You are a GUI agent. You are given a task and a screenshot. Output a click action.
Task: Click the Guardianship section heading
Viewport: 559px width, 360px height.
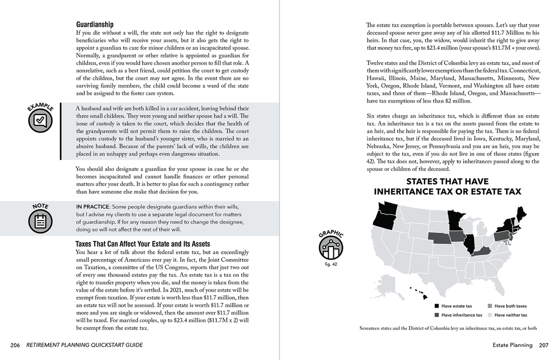[95, 24]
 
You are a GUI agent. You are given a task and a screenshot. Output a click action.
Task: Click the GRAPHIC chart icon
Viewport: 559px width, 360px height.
[331, 248]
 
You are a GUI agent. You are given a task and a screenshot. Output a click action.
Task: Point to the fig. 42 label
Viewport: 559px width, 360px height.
[331, 264]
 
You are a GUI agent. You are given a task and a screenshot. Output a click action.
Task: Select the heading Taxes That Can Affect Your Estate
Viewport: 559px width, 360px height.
[143, 244]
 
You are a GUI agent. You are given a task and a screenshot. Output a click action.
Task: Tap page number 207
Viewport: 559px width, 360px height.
[543, 345]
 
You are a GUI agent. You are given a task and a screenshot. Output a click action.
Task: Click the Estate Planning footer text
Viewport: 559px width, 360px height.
[512, 345]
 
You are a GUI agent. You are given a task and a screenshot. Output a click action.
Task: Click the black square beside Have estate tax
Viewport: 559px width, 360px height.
[437, 306]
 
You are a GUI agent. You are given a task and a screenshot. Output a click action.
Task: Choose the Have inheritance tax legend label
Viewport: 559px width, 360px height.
[462, 315]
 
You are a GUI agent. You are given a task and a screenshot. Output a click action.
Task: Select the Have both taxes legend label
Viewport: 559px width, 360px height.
[510, 306]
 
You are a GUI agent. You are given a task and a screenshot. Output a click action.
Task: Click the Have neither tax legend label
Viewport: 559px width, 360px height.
[511, 315]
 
